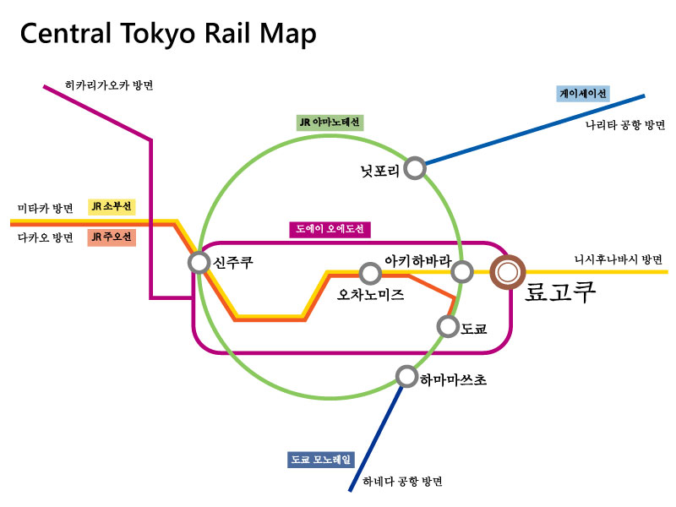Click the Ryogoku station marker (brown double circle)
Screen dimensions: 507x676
509,272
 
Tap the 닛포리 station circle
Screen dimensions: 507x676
414,168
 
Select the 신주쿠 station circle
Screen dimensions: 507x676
199,263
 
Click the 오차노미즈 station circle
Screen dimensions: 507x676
369,273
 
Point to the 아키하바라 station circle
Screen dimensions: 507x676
461,271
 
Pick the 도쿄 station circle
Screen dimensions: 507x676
447,325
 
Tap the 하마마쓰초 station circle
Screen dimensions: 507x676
406,376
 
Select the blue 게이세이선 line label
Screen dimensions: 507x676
583,94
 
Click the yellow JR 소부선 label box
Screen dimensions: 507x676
112,206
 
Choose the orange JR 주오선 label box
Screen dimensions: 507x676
112,237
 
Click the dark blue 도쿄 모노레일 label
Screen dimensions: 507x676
321,460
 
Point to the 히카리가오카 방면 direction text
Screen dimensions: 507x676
114,85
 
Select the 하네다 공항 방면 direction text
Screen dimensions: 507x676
402,482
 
